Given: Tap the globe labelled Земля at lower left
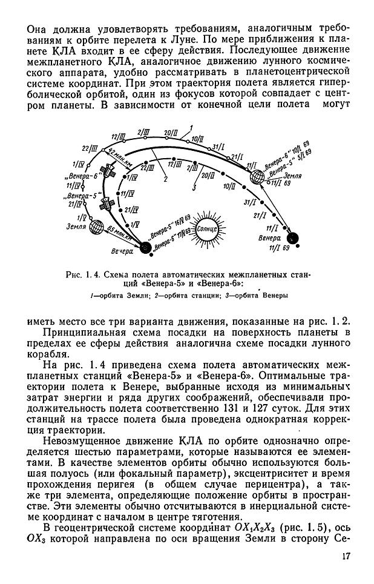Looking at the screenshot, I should tap(96, 227).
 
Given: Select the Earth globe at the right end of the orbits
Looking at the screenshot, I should tap(258, 176).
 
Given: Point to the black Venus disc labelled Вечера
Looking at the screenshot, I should tap(145, 247).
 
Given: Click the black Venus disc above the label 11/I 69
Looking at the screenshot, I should tap(294, 237).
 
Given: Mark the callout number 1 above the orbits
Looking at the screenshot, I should tap(191, 126).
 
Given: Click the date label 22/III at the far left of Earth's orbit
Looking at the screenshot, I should tap(91, 149).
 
